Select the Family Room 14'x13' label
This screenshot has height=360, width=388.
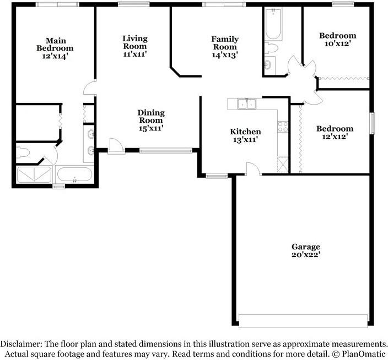(x=225, y=47)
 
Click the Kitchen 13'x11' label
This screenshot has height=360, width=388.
(x=245, y=135)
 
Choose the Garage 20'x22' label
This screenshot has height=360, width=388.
(x=305, y=250)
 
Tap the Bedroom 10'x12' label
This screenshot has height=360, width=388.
(x=337, y=40)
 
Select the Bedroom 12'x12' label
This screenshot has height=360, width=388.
(x=334, y=132)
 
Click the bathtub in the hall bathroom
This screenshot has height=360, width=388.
(x=272, y=25)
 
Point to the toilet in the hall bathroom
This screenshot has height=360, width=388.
(x=271, y=48)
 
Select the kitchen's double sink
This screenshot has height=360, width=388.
(x=246, y=103)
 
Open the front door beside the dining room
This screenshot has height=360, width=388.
(x=116, y=146)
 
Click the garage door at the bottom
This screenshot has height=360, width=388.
(x=303, y=321)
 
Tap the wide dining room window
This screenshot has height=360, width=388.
(x=165, y=149)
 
